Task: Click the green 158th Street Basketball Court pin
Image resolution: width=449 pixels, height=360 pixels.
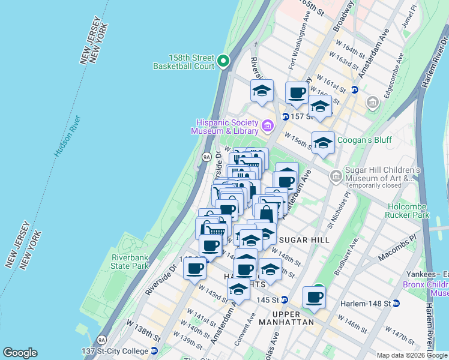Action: [223, 60]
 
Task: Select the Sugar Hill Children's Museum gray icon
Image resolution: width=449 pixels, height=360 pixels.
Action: [336, 176]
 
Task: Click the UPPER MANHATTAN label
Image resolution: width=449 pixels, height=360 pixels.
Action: [293, 318]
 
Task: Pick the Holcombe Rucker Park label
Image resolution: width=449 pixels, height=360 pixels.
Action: [408, 210]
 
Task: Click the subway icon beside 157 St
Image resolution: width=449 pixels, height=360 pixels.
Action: [285, 116]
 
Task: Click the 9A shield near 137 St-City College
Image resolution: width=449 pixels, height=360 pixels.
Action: [102, 340]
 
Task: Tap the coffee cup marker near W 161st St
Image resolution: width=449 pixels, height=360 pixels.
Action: [297, 94]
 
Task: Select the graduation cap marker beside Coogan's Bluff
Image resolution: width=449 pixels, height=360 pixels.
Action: [323, 143]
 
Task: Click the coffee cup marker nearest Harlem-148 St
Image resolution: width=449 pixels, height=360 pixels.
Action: [314, 296]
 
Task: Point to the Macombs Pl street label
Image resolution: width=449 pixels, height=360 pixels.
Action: [397, 248]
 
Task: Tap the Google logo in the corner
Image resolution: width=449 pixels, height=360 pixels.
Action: [20, 353]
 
